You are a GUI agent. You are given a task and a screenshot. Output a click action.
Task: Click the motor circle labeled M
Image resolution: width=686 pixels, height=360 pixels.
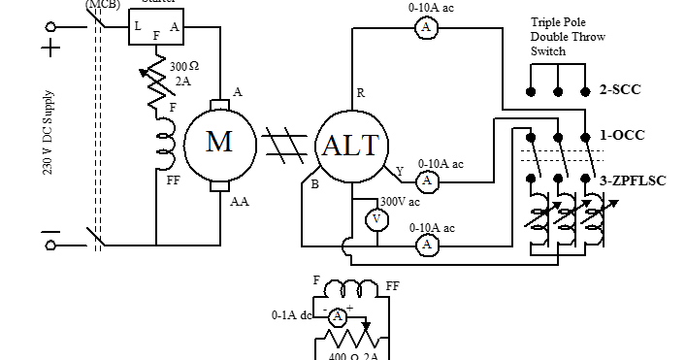coord(220,143)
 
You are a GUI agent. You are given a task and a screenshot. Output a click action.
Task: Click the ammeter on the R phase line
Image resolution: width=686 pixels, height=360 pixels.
coord(424,29)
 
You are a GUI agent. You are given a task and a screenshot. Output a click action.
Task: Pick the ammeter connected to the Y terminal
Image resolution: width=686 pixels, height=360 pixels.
coord(426,181)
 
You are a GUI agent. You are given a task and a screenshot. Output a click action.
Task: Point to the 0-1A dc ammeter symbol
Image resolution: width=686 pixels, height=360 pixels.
coord(337,316)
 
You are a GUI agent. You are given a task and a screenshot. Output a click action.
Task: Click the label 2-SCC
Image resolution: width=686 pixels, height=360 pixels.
coord(621,90)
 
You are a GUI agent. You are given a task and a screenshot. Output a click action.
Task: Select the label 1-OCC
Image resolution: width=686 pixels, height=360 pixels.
coord(622,135)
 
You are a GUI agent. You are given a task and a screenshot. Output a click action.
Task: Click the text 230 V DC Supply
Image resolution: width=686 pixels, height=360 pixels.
coord(49,134)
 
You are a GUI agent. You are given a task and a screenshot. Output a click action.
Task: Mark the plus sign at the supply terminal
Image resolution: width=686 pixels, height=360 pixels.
coord(49,47)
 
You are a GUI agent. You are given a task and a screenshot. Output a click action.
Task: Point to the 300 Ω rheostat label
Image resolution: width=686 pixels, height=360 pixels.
coord(184,67)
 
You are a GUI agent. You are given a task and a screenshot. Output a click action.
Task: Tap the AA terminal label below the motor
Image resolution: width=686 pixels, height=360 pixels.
coord(240,201)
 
